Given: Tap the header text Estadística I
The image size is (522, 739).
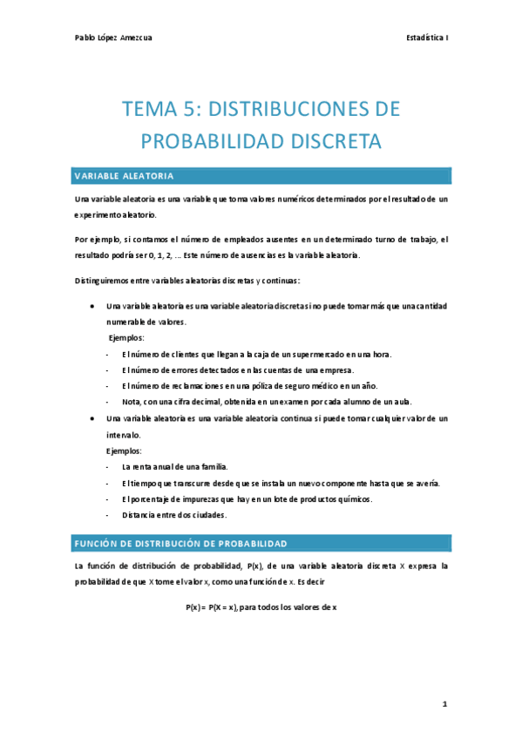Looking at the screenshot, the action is click(x=427, y=37).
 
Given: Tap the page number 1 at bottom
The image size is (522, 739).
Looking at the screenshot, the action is click(x=444, y=702).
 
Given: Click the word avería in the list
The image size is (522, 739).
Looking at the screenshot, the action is click(x=424, y=483).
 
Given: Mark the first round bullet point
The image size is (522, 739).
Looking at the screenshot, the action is click(x=92, y=307).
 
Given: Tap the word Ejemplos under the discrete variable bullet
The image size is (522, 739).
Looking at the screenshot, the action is click(x=126, y=337).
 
